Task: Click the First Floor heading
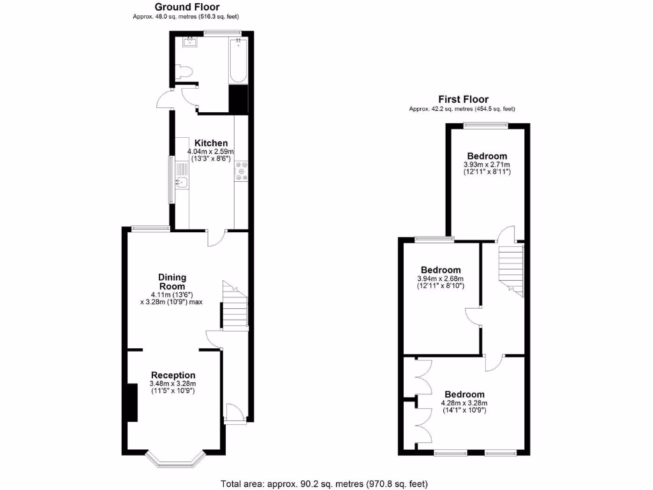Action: coord(463,99)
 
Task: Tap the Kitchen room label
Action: coord(211,142)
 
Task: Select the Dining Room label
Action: coord(172,282)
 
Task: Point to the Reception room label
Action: coord(173,375)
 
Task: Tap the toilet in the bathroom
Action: coord(186,72)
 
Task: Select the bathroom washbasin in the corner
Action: coord(190,43)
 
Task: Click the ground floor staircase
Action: coord(234,306)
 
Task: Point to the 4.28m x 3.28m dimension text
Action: coord(464,403)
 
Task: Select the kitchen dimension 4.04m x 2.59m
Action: coord(211,151)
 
